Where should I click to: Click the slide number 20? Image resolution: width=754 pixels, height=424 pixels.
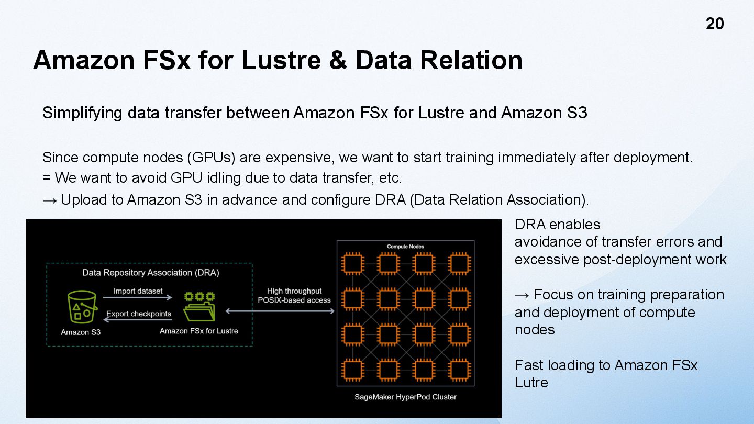[x=715, y=24]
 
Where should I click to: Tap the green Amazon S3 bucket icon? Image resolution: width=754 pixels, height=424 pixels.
[x=82, y=307]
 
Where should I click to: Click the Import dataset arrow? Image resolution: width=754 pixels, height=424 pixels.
[x=138, y=297]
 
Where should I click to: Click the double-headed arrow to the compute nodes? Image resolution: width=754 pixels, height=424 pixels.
[x=280, y=311]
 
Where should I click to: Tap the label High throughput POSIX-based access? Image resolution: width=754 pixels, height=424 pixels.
[x=294, y=296]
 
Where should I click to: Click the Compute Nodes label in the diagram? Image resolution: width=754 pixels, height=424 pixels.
[x=405, y=246]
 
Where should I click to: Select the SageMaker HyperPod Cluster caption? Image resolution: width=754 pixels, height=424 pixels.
[x=405, y=397]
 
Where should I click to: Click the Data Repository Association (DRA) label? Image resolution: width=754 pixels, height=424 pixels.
[x=151, y=273]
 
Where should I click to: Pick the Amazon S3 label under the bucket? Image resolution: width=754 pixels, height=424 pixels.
[x=81, y=332]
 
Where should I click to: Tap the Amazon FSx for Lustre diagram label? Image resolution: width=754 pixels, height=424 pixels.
[x=199, y=331]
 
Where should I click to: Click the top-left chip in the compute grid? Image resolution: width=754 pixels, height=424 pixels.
[x=353, y=263]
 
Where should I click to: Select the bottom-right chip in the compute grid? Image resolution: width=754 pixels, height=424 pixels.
[x=459, y=370]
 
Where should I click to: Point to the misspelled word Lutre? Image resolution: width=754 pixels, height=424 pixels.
[x=531, y=383]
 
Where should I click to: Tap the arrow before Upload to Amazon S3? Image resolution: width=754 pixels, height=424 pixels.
[x=49, y=200]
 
